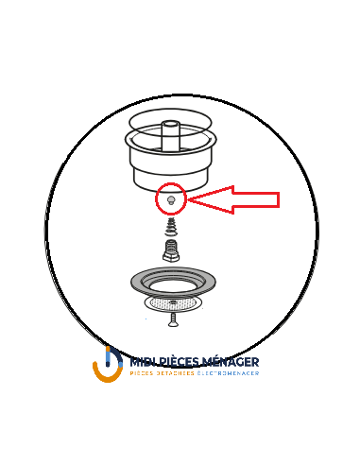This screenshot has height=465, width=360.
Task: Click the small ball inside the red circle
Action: (x=171, y=199)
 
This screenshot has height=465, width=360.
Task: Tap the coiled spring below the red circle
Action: (x=171, y=228)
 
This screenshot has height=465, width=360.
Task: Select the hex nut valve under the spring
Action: (x=171, y=252)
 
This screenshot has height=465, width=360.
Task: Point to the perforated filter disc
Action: (x=172, y=302)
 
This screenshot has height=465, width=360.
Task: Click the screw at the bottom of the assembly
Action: (x=173, y=319)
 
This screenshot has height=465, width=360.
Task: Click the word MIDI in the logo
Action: (x=142, y=361)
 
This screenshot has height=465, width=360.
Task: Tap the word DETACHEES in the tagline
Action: (x=176, y=373)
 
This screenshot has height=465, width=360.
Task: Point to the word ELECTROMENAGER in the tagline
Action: (x=229, y=373)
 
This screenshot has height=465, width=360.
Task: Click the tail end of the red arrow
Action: (x=278, y=199)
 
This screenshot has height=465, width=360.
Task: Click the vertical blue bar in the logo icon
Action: (x=108, y=356)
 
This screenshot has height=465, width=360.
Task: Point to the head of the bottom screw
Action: (x=173, y=315)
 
